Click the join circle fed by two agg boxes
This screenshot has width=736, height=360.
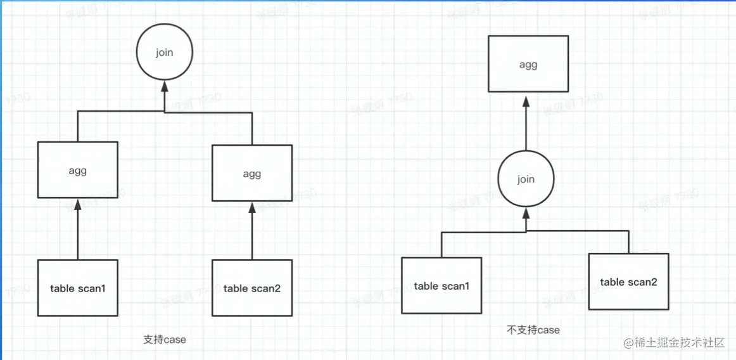[x=164, y=53]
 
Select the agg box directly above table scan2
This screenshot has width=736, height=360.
[x=252, y=174]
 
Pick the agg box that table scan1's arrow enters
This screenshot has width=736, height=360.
[x=77, y=170]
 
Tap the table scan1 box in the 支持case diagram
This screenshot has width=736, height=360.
[x=77, y=288]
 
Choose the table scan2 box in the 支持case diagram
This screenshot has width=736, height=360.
[x=252, y=288]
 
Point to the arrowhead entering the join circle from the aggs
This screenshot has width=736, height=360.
[x=164, y=85]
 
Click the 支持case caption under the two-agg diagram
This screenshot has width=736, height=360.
[x=165, y=340]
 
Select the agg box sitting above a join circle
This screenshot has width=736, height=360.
[x=528, y=64]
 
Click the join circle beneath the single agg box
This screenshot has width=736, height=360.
[x=526, y=179]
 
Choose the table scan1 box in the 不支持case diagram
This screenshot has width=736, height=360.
[x=441, y=286]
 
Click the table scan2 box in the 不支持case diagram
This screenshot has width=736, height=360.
[x=628, y=281]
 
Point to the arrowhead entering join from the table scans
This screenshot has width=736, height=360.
[x=526, y=212]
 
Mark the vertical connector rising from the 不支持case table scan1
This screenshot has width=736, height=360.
[x=441, y=245]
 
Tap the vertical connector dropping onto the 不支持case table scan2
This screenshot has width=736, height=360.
[x=628, y=242]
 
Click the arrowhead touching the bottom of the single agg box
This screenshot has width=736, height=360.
[x=526, y=100]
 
